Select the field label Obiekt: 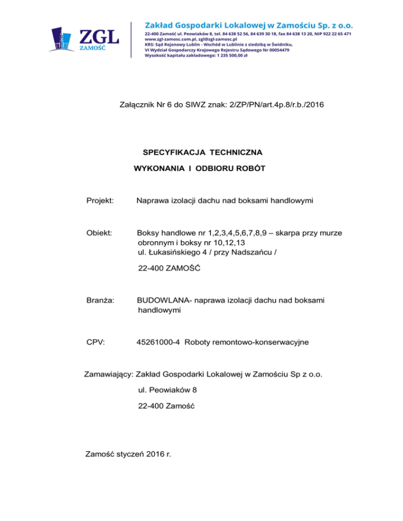(x=100, y=233)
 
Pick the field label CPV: (x=96, y=343)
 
